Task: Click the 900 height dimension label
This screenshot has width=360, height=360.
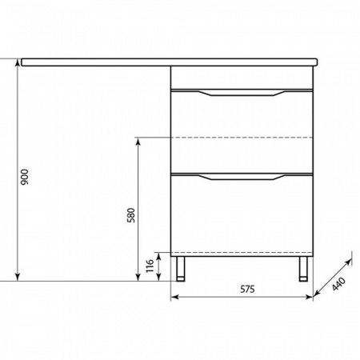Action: pos(25,177)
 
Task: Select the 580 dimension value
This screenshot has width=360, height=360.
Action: pos(131,215)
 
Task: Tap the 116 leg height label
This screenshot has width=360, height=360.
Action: pos(150,266)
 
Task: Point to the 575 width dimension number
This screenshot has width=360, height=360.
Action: pos(247,289)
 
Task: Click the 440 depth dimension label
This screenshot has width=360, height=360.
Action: pos(339,284)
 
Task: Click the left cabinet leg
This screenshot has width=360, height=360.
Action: pos(181,269)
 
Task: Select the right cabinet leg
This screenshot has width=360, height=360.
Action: pos(303,269)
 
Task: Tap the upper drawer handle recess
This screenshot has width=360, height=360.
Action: pos(242,93)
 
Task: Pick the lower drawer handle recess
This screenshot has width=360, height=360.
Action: pos(242,177)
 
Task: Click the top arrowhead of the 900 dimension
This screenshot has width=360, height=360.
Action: pos(18,62)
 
